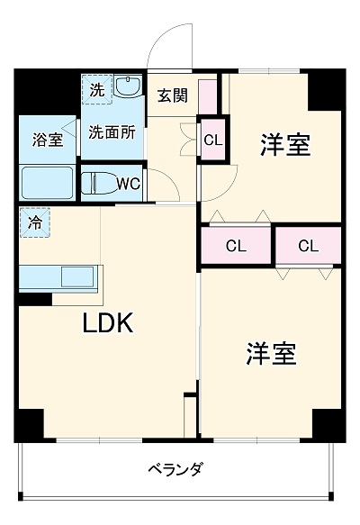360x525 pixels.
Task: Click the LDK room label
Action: click(109, 323)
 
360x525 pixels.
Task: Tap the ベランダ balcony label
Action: click(176, 468)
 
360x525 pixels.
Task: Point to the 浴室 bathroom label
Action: click(48, 140)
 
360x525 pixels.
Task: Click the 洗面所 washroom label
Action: click(112, 131)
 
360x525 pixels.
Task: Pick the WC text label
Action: click(127, 186)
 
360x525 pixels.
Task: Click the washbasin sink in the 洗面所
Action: click(128, 90)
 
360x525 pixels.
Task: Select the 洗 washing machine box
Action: click(96, 89)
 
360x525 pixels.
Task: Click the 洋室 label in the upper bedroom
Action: click(285, 145)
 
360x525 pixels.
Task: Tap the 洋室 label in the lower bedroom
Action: click(270, 354)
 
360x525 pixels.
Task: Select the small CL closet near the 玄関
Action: click(212, 140)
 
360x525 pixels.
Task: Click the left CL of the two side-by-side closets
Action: click(236, 245)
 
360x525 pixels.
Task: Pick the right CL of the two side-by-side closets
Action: click(308, 245)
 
